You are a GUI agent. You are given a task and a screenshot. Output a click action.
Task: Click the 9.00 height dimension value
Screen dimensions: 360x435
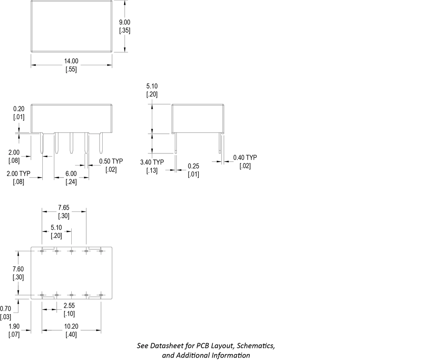click(x=124, y=22)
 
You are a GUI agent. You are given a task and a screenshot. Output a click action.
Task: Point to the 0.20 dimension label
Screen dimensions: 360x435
click(x=19, y=109)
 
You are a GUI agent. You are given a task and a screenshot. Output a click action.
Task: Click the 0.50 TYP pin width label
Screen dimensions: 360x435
click(x=111, y=161)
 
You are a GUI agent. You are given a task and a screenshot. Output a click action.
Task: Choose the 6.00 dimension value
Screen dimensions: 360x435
click(x=71, y=174)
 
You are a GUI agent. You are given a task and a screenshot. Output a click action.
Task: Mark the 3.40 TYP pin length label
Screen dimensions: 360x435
click(x=152, y=162)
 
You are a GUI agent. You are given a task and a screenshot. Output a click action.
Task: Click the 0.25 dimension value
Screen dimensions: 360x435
click(x=193, y=166)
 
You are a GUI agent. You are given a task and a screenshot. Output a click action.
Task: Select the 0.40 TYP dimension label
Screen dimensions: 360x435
click(x=245, y=157)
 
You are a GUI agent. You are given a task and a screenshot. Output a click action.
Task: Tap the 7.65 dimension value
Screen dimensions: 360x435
click(x=64, y=207)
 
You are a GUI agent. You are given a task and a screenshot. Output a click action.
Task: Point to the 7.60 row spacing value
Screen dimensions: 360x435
click(x=19, y=269)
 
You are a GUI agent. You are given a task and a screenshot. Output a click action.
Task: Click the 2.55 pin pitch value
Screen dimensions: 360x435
click(x=69, y=306)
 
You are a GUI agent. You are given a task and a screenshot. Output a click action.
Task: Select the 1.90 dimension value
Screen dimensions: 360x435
click(x=14, y=327)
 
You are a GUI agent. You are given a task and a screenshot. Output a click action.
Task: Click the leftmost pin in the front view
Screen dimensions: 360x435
click(x=42, y=143)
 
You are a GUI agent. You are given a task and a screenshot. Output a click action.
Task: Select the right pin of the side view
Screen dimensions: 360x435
click(x=220, y=143)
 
